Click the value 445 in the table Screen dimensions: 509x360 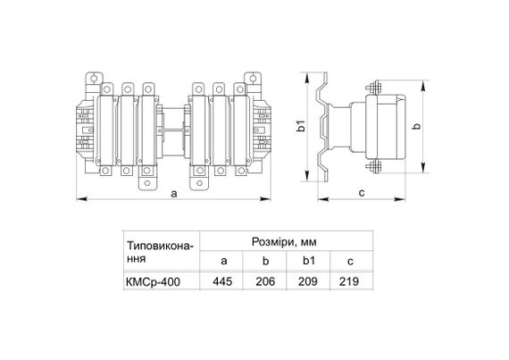(222, 281)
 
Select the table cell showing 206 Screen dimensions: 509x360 (265, 281)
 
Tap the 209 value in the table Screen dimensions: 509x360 (308, 281)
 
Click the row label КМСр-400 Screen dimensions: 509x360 (153, 281)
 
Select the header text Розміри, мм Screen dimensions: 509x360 (284, 242)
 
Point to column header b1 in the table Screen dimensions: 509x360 (309, 260)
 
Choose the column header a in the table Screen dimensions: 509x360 (223, 261)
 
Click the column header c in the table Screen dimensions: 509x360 (350, 262)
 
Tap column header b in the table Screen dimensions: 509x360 (265, 260)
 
